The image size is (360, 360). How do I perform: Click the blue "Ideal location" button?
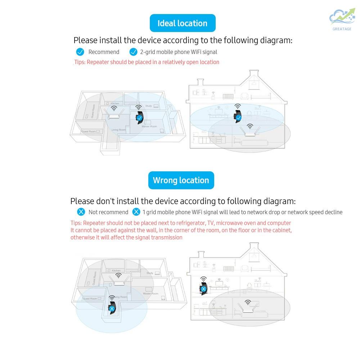(x=183, y=23)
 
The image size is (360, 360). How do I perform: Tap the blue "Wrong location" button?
(x=181, y=180)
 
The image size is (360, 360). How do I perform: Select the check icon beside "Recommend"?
(x=80, y=52)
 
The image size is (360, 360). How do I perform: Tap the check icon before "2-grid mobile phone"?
(x=133, y=52)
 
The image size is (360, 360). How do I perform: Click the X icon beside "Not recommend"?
(x=81, y=212)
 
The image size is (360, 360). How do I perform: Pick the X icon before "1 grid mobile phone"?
(x=136, y=212)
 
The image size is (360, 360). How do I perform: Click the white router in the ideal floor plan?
(x=114, y=115)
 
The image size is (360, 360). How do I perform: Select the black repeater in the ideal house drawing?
(x=238, y=116)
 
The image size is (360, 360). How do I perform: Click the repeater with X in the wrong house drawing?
(x=204, y=288)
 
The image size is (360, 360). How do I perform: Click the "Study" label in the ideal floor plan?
(x=148, y=106)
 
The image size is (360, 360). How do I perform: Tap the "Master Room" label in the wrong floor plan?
(x=150, y=294)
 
